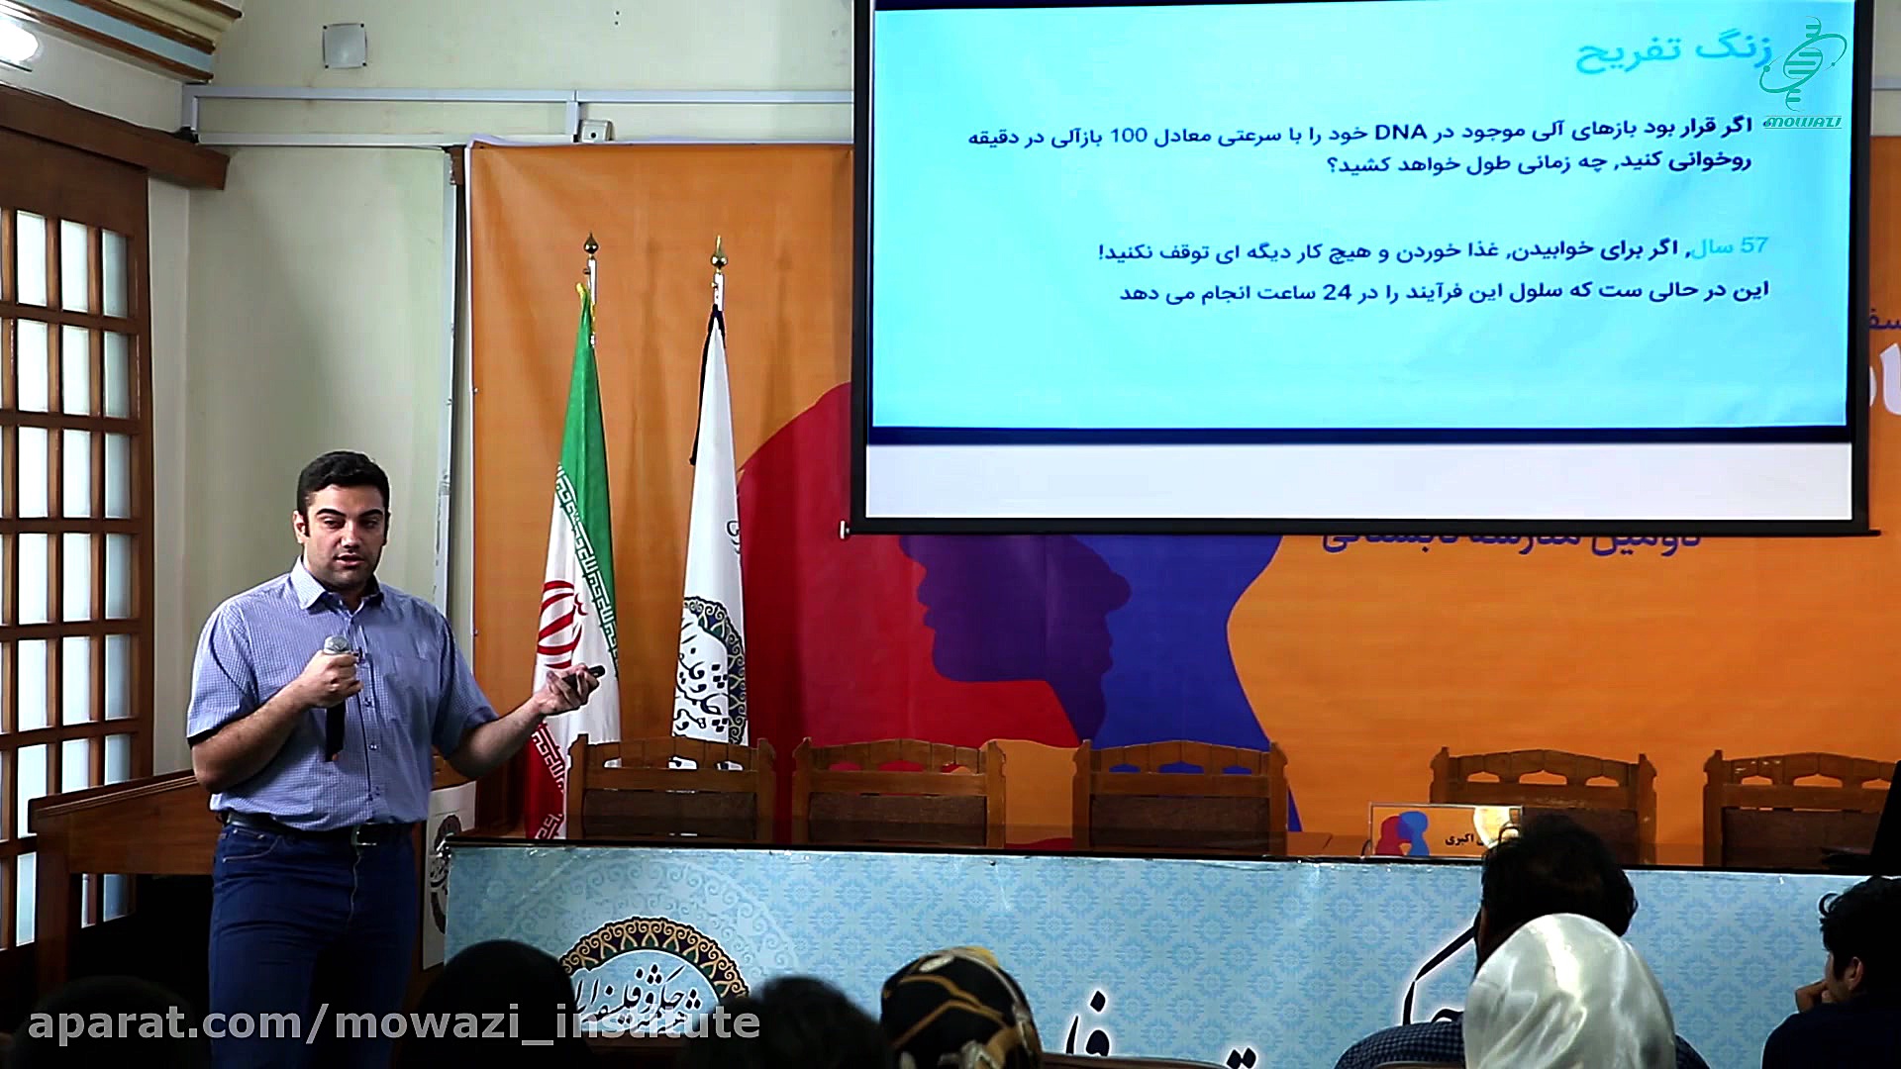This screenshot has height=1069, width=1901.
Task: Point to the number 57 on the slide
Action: coord(1753,245)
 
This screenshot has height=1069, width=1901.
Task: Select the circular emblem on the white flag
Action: coord(711,658)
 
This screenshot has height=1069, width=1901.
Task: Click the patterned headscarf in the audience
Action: coord(960,1010)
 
